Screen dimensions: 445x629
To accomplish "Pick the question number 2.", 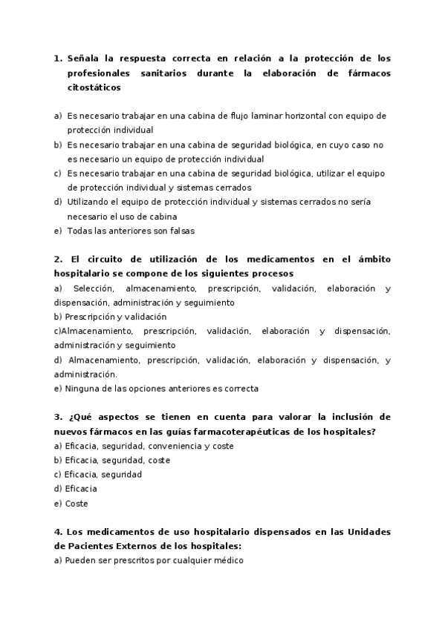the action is point(57,259).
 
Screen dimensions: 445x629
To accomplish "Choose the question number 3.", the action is point(57,418).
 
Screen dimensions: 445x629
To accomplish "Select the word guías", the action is point(172,432).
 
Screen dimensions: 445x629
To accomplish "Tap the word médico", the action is point(226,562).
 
